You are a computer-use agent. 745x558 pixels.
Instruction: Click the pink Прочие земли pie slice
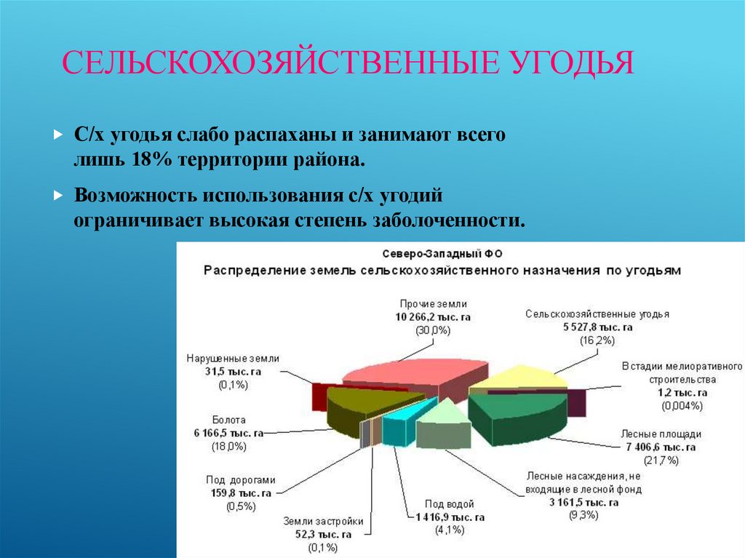407,375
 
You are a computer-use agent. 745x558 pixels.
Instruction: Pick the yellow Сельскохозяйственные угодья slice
520,378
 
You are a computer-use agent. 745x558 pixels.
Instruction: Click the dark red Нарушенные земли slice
318,396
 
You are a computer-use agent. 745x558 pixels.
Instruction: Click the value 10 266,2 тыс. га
433,316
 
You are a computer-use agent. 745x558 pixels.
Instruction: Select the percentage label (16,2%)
597,340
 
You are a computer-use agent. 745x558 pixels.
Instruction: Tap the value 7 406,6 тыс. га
661,447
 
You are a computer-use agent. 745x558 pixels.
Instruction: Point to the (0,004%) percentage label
682,405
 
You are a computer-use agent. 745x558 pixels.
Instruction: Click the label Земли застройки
323,521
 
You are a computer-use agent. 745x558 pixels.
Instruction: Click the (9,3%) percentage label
583,515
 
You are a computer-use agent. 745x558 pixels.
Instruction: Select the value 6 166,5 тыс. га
226,433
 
